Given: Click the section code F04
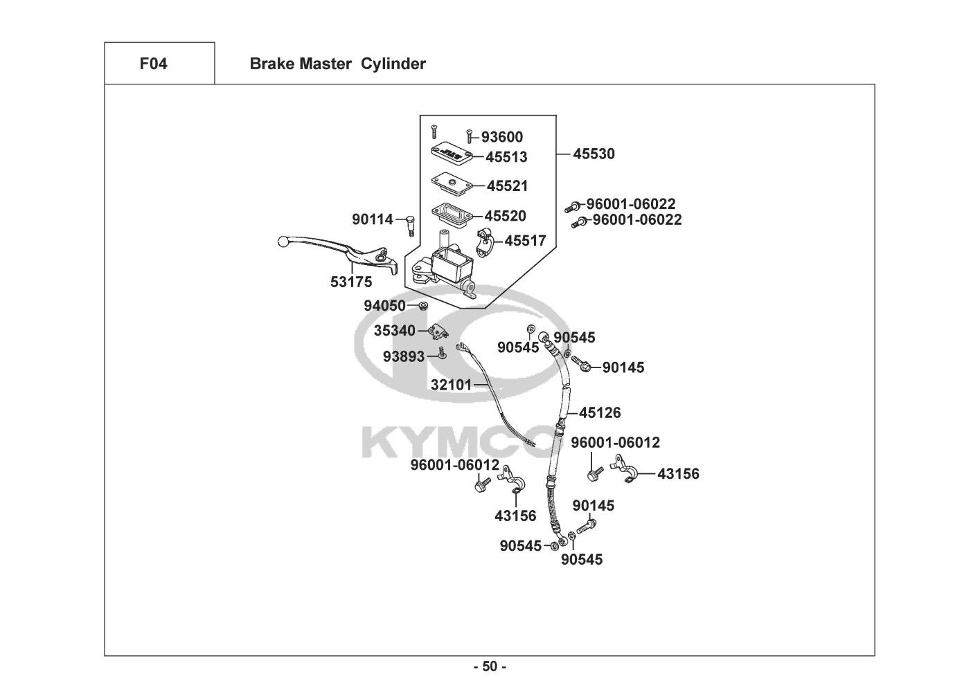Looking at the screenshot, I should click(153, 64).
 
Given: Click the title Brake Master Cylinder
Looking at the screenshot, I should click(337, 64).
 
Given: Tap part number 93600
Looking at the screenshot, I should click(502, 137).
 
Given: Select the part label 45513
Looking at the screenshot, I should click(506, 157).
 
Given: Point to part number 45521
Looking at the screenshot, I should click(507, 186).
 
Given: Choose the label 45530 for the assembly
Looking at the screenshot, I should click(594, 154).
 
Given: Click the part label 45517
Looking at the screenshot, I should click(525, 241).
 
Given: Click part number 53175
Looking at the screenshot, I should click(350, 282).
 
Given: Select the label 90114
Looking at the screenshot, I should click(372, 219).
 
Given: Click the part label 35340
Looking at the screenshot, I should click(395, 331).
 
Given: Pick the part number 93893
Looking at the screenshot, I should click(404, 356).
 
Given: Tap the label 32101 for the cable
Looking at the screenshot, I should click(451, 385).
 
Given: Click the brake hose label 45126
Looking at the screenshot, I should click(600, 413).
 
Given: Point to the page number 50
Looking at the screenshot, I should click(490, 667).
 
